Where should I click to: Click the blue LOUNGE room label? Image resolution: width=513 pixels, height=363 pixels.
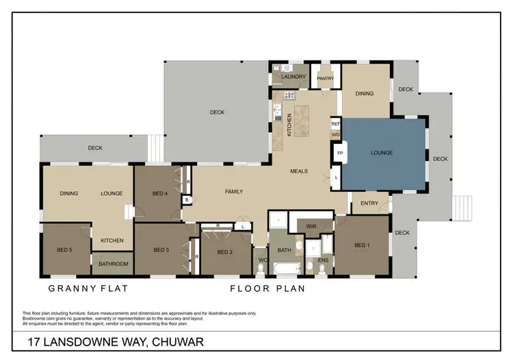[x=382, y=153]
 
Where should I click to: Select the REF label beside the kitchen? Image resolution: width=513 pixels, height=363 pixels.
[x=336, y=124]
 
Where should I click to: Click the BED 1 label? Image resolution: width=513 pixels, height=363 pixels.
[x=363, y=245]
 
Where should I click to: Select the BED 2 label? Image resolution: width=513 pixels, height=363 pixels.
[x=225, y=252]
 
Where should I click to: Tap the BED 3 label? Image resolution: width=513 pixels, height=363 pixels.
[x=161, y=249]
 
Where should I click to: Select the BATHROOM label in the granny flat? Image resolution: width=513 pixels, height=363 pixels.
[x=113, y=264]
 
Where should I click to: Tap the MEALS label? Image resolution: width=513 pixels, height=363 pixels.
[x=299, y=171]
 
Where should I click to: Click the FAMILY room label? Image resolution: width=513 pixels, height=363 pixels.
[x=234, y=192]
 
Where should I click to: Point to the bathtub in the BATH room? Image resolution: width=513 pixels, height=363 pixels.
[x=282, y=268]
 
